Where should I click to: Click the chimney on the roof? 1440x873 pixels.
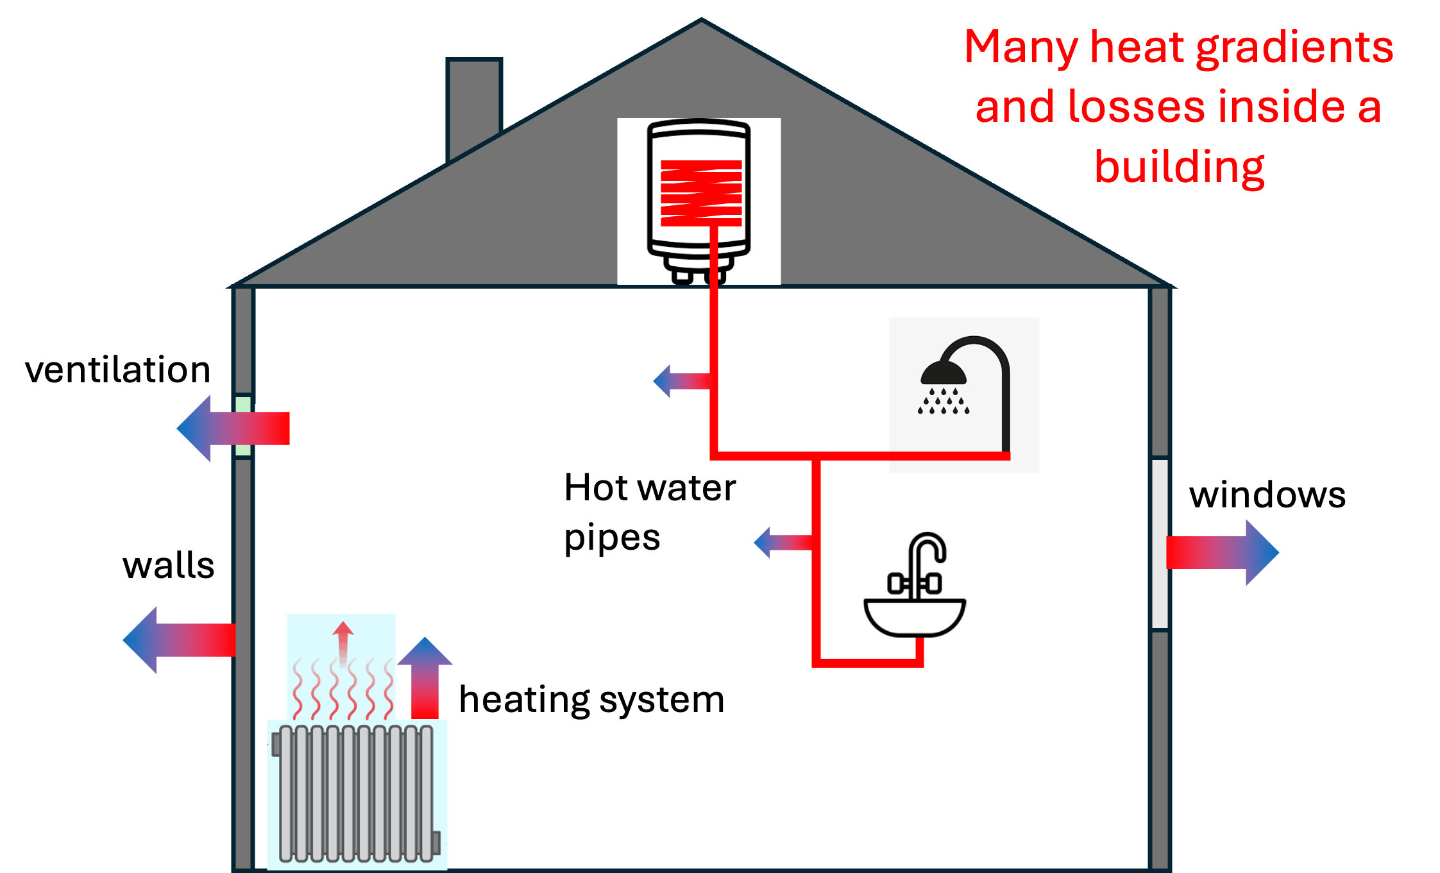(474, 106)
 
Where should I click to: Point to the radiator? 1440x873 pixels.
(357, 793)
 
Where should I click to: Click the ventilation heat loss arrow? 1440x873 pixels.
(233, 428)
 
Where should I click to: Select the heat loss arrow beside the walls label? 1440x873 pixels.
(179, 640)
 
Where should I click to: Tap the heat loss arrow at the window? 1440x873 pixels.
(1223, 552)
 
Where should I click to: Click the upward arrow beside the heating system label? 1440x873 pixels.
(425, 677)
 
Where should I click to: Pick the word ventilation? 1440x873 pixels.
(118, 370)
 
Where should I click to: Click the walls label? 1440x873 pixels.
(168, 565)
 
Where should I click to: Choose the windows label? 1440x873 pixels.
(1267, 495)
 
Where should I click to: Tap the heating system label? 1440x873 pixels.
(591, 700)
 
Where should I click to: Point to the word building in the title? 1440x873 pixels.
(1179, 167)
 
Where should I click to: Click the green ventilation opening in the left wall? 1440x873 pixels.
(243, 425)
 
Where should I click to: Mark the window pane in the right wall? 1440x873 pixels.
(1160, 544)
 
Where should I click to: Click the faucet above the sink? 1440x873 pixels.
(916, 568)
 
